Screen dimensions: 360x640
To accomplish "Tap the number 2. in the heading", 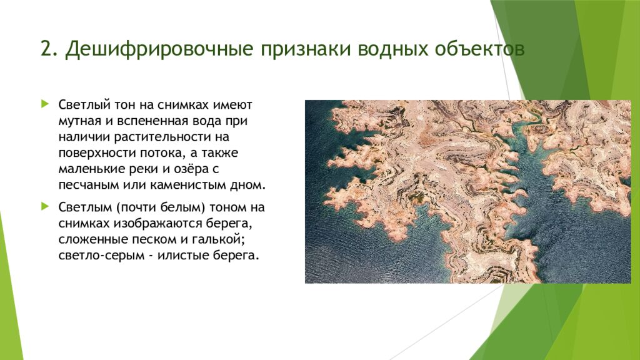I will point(48,51).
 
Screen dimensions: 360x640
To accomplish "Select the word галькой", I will point(211,240).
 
